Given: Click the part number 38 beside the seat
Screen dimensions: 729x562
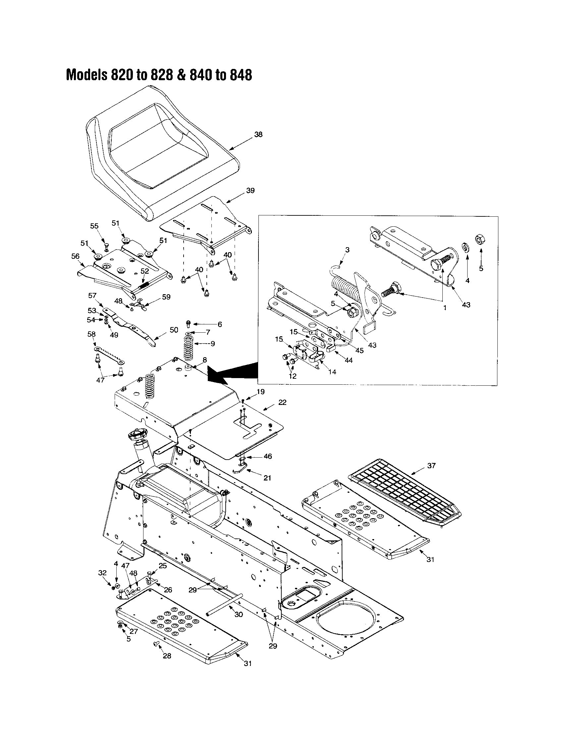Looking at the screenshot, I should (x=258, y=135).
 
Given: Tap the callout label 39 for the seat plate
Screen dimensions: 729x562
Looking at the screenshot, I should (x=250, y=191).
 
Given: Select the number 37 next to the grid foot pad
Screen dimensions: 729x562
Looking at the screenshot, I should (x=431, y=465).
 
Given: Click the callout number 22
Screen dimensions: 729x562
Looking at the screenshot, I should (x=282, y=403).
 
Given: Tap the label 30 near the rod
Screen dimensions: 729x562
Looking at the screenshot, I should (x=239, y=614).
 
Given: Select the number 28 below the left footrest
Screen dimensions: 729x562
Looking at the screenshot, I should (x=167, y=656).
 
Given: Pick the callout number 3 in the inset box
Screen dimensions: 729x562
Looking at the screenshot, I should (x=347, y=250).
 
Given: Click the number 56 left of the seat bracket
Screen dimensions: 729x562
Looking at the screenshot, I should (x=76, y=256).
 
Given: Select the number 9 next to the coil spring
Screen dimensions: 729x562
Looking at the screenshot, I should (x=213, y=343).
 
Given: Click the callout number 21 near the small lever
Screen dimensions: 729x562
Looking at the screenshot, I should (x=267, y=478).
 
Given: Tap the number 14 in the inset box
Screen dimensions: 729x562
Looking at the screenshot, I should (x=332, y=372).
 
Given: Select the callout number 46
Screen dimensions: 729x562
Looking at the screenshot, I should (x=268, y=456).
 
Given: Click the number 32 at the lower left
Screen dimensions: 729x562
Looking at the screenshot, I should (x=102, y=573).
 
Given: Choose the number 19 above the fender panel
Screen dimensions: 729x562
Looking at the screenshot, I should (x=260, y=392).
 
